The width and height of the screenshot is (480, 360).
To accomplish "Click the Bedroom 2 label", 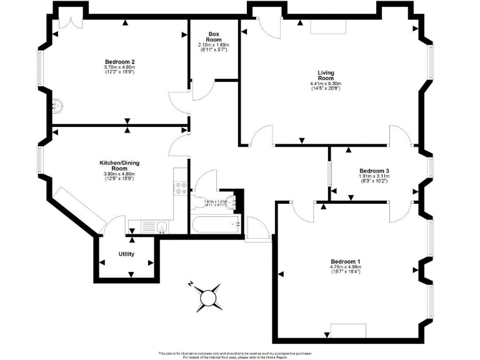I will pos(120,62).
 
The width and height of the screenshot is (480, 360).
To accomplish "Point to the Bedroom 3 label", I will pos(374,171).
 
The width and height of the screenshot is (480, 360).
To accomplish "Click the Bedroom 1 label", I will pos(346,261).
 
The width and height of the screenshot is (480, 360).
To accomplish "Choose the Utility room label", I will pos(126,254).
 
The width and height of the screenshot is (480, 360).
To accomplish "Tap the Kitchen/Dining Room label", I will pos(120,166).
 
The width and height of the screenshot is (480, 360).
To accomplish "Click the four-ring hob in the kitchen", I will pos(180,187).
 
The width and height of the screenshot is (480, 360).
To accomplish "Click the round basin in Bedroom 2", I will pos(59,106).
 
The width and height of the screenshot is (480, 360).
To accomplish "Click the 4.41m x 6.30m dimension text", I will pos(326,84).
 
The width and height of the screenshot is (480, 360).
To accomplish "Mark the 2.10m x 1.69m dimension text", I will pos(214,45).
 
